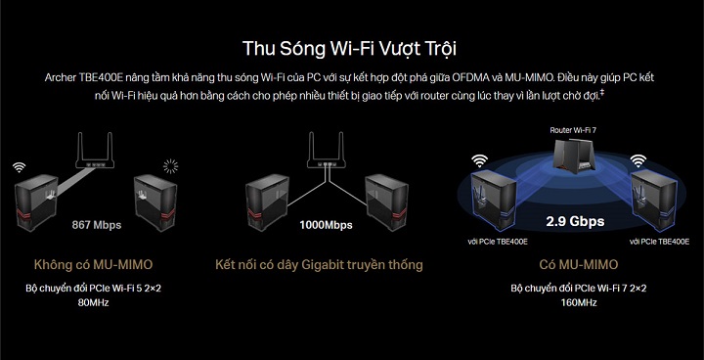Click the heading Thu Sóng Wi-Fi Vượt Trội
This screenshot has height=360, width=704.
(x=349, y=48)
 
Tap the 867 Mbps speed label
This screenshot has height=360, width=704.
(x=97, y=225)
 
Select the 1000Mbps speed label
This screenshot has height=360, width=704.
(x=326, y=225)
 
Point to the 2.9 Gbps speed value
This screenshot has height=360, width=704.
(x=575, y=221)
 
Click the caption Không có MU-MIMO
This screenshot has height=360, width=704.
(x=94, y=265)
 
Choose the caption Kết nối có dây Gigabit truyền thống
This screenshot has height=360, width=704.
(x=319, y=265)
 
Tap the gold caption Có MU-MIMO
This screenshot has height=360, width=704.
(x=578, y=265)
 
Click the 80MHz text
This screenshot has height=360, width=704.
(x=94, y=303)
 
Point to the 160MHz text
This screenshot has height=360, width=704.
(x=578, y=302)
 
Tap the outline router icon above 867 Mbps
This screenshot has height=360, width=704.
(x=95, y=151)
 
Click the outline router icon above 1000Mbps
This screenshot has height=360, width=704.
(x=327, y=151)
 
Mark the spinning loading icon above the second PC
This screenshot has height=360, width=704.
(x=170, y=166)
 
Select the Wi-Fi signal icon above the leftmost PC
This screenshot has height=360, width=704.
(x=19, y=167)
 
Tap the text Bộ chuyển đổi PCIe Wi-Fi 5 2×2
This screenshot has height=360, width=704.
(x=94, y=289)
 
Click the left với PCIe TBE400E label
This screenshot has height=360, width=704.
(x=498, y=242)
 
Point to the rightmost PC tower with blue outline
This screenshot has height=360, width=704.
(x=653, y=200)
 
